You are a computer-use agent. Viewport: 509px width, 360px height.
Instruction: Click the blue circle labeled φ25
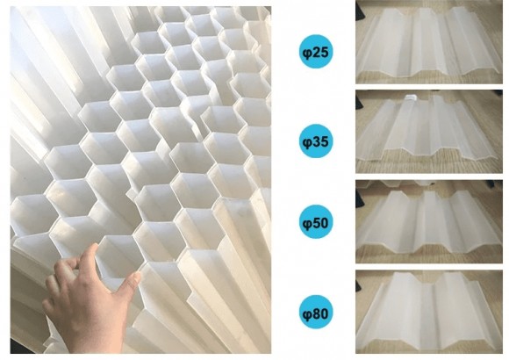[x=316, y=51]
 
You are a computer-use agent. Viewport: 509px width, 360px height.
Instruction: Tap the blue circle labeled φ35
[x=316, y=141]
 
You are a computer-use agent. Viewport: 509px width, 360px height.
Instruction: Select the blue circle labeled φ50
[x=316, y=221]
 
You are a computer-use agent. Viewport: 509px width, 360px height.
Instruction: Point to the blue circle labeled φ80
[x=316, y=312]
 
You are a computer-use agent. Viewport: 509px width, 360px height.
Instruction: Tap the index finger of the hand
[x=87, y=260]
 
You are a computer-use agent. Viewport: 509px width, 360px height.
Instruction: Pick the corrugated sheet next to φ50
[x=427, y=220]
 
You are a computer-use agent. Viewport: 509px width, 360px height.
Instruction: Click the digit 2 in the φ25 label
[x=317, y=52]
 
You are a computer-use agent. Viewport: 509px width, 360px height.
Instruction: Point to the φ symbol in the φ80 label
[x=307, y=313]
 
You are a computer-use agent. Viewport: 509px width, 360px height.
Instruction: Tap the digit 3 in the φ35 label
[x=317, y=141]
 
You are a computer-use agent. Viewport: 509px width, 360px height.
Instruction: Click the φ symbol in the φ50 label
[x=307, y=224]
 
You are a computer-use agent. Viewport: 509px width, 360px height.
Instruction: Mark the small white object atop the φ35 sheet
[x=411, y=97]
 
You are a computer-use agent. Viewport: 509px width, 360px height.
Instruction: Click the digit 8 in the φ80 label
[x=317, y=313]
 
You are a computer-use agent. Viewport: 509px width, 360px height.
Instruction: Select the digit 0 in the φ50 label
[x=325, y=223]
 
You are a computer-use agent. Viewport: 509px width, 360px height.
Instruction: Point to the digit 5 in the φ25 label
[x=325, y=52]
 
